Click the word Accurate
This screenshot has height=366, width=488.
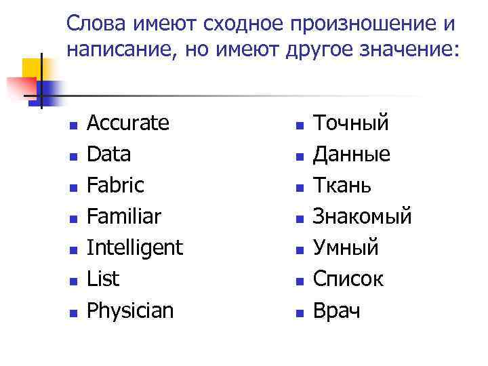[128, 123]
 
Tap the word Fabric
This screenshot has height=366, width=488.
[115, 186]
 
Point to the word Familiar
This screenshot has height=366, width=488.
[124, 217]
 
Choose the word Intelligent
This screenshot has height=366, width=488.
[135, 248]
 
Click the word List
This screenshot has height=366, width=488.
[103, 279]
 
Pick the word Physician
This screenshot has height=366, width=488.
[130, 310]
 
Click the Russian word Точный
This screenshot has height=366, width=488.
[351, 123]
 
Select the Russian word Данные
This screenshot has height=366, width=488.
[352, 155]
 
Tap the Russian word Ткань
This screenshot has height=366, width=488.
[342, 186]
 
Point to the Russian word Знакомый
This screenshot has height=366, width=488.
[363, 217]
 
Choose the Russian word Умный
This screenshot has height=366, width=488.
[346, 248]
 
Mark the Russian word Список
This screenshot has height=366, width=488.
[348, 279]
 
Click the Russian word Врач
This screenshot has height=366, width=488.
[337, 310]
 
